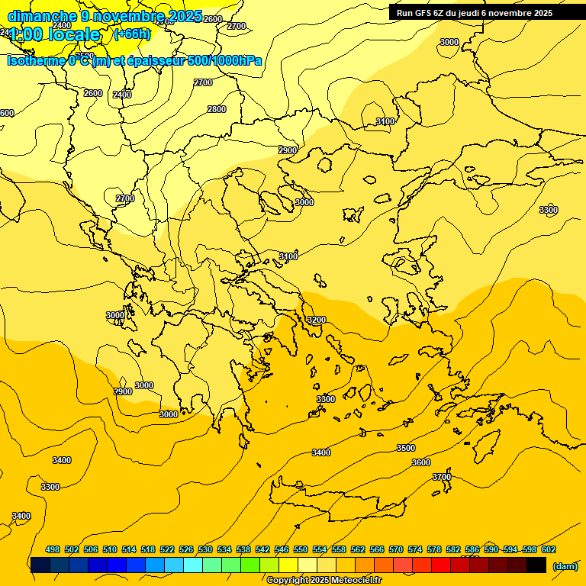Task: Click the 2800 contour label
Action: tap(217, 109)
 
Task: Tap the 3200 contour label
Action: tap(316, 320)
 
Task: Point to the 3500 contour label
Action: tap(406, 448)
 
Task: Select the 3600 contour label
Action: tap(421, 462)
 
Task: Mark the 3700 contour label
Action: tap(442, 477)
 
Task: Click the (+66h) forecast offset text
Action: tap(132, 34)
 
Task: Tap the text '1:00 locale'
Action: tap(55, 34)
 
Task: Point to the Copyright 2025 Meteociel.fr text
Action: tap(324, 581)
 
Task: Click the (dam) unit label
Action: tap(565, 565)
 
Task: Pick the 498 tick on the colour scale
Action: tap(53, 549)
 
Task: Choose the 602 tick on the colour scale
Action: tap(549, 549)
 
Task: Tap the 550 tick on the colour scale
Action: tap(301, 549)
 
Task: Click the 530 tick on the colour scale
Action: tap(205, 549)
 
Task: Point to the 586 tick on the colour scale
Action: tap(472, 549)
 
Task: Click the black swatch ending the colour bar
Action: tap(536, 565)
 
